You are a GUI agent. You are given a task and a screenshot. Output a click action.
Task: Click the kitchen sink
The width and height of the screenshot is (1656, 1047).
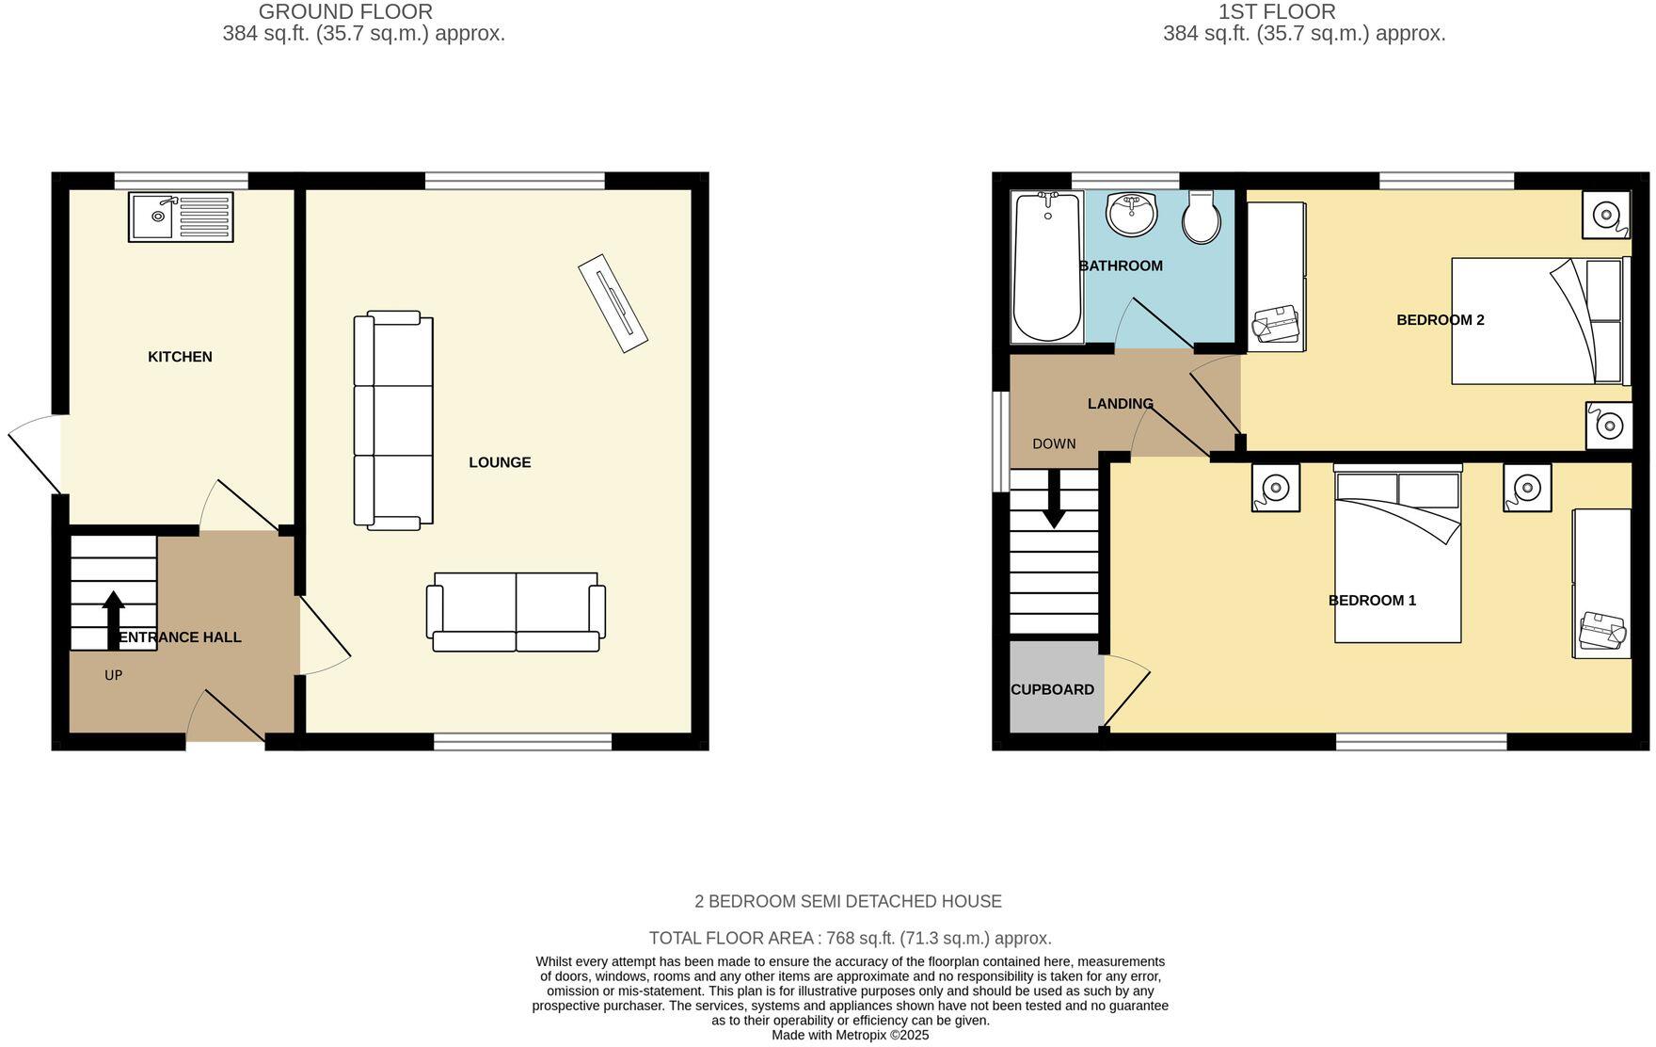(181, 217)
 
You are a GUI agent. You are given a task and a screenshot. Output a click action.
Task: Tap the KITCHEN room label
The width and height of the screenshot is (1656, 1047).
(180, 357)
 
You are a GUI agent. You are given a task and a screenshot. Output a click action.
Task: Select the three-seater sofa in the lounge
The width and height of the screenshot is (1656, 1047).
(393, 420)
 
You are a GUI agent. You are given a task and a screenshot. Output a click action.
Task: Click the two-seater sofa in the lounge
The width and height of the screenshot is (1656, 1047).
(516, 612)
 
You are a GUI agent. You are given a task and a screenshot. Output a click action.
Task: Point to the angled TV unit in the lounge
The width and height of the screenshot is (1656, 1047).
(613, 303)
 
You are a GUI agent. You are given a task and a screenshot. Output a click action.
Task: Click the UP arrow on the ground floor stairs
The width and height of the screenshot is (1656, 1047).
(113, 619)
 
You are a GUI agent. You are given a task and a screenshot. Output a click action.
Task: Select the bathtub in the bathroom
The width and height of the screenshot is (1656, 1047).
(1046, 266)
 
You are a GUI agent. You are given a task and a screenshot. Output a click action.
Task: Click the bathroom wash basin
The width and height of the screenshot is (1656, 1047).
(1132, 215)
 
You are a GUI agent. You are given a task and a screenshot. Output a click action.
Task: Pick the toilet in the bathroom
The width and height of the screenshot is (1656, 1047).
(1202, 218)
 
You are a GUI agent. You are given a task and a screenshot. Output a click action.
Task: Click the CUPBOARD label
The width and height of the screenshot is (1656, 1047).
(1052, 689)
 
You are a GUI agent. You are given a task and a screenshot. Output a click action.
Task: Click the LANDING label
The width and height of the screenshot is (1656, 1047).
(1120, 404)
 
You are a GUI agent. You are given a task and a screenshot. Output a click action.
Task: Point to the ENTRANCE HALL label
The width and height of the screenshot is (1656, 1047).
(181, 637)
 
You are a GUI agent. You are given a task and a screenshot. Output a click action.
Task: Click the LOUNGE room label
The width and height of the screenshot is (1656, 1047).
(500, 462)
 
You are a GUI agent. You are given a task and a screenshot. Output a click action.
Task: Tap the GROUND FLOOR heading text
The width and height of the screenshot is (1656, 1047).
(345, 12)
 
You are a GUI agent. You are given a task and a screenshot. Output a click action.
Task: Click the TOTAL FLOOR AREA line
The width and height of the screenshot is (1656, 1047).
(850, 938)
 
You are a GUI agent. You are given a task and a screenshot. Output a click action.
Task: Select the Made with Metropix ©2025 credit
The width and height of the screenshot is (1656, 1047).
(850, 1035)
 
